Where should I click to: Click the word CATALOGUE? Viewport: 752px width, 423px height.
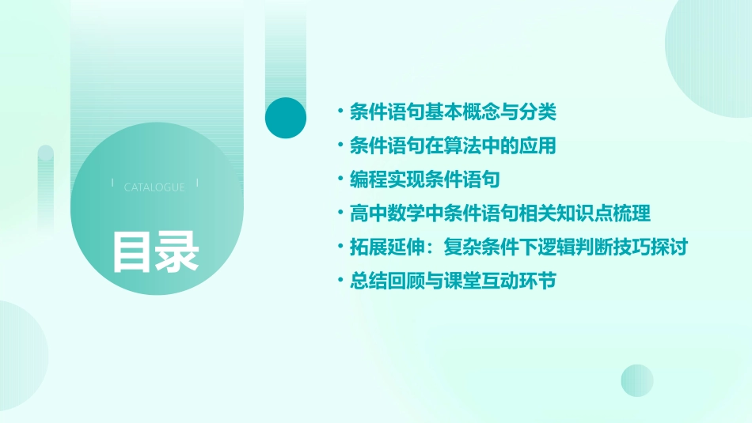click(154, 187)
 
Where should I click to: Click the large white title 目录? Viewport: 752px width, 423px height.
click(155, 251)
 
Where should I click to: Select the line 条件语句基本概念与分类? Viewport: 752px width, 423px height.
click(453, 112)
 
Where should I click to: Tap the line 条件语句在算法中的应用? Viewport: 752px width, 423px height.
click(453, 146)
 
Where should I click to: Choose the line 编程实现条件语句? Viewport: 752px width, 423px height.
click(425, 180)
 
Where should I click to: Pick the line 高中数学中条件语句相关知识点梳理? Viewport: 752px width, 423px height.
click(500, 213)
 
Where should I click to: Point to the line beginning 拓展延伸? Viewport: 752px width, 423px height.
click(518, 247)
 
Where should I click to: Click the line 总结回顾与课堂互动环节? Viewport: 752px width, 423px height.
click(453, 281)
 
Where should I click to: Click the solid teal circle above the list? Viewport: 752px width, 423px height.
click(286, 118)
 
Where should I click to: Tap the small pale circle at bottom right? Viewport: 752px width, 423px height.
click(637, 380)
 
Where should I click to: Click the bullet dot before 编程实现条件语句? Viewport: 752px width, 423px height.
click(340, 180)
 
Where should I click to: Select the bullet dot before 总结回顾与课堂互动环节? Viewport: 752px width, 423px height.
click(340, 281)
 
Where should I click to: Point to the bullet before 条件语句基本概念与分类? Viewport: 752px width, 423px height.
click(340, 112)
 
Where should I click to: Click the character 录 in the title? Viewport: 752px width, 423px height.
click(177, 251)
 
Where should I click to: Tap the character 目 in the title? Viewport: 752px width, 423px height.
click(132, 251)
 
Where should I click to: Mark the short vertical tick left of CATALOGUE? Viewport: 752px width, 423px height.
click(113, 183)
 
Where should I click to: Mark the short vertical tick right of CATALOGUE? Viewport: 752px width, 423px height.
click(197, 183)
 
